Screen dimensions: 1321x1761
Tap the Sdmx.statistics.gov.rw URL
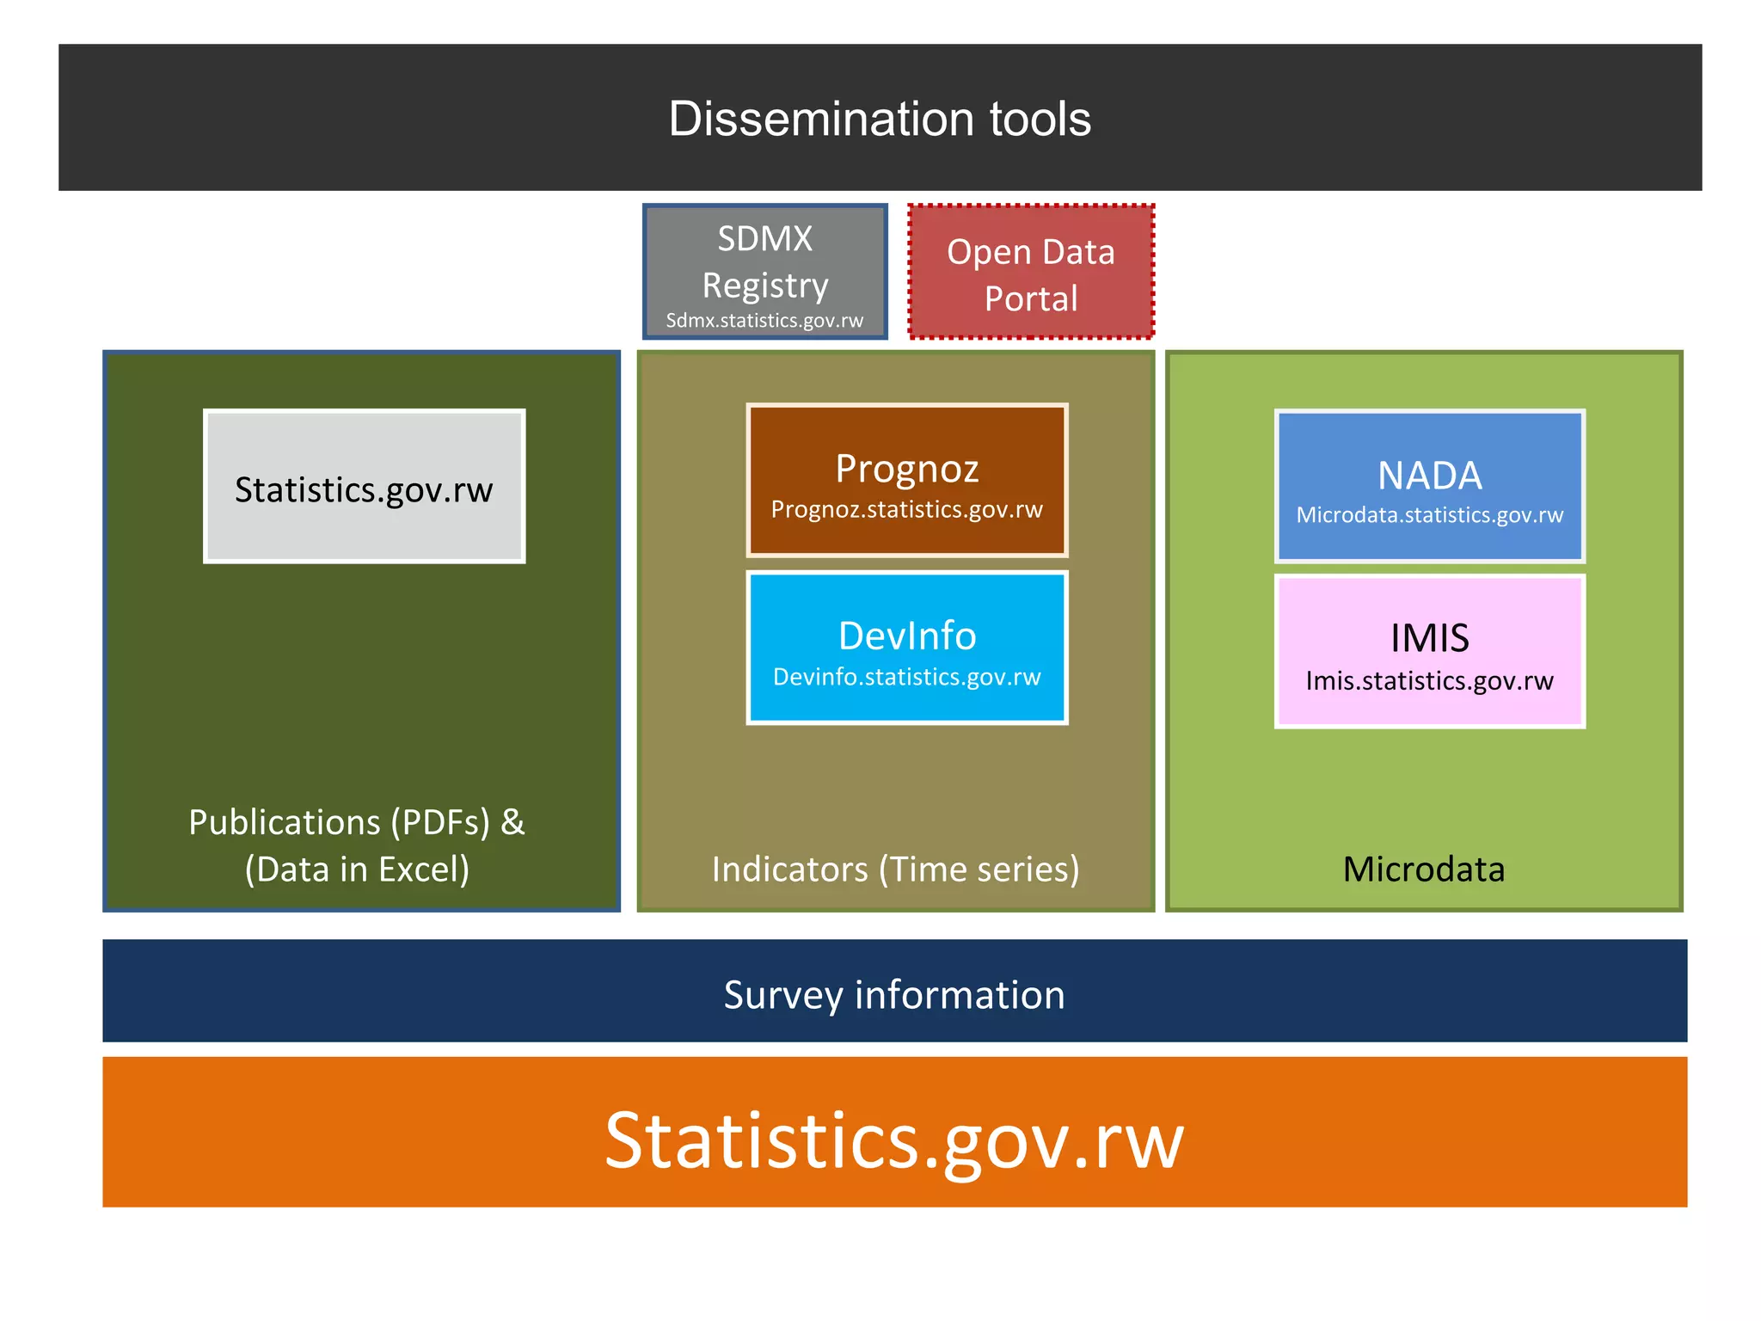764,321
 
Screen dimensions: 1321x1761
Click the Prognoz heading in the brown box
907,469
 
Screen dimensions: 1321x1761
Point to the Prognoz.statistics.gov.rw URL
907,510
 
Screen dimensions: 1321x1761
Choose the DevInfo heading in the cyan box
907,636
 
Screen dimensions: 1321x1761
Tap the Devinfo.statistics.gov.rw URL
907,678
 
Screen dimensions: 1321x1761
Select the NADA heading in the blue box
1430,476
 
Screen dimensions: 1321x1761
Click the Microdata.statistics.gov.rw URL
1430,515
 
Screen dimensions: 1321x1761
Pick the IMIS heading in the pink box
1430,638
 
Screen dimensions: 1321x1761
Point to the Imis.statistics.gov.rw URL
1430,681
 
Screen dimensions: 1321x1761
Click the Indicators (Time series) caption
895,869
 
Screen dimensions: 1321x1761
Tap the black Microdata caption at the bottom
1424,869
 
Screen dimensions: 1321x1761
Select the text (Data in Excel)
357,869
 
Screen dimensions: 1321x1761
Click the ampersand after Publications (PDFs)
512,822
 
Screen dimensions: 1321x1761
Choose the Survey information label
894,995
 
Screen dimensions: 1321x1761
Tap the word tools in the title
1040,119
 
